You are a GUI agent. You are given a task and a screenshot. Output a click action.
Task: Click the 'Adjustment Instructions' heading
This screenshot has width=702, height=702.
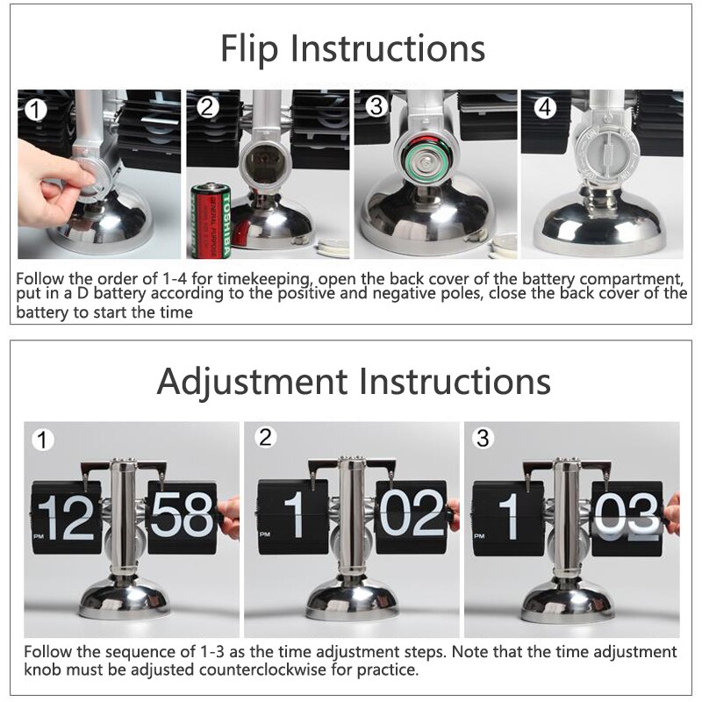[354, 382]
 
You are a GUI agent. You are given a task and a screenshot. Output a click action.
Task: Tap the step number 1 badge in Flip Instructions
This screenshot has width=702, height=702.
[34, 111]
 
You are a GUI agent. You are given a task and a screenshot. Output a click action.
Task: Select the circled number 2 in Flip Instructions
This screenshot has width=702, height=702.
[207, 108]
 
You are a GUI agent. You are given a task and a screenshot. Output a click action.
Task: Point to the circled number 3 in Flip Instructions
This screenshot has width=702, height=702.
[376, 107]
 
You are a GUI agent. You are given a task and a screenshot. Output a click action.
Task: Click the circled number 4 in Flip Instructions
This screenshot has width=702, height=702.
[545, 108]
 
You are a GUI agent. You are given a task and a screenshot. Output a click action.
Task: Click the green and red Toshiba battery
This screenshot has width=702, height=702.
[211, 221]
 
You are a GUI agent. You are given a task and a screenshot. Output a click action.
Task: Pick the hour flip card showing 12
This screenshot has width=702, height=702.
[67, 517]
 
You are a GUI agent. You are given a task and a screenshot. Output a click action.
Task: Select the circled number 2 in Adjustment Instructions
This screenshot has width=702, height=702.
[266, 437]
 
